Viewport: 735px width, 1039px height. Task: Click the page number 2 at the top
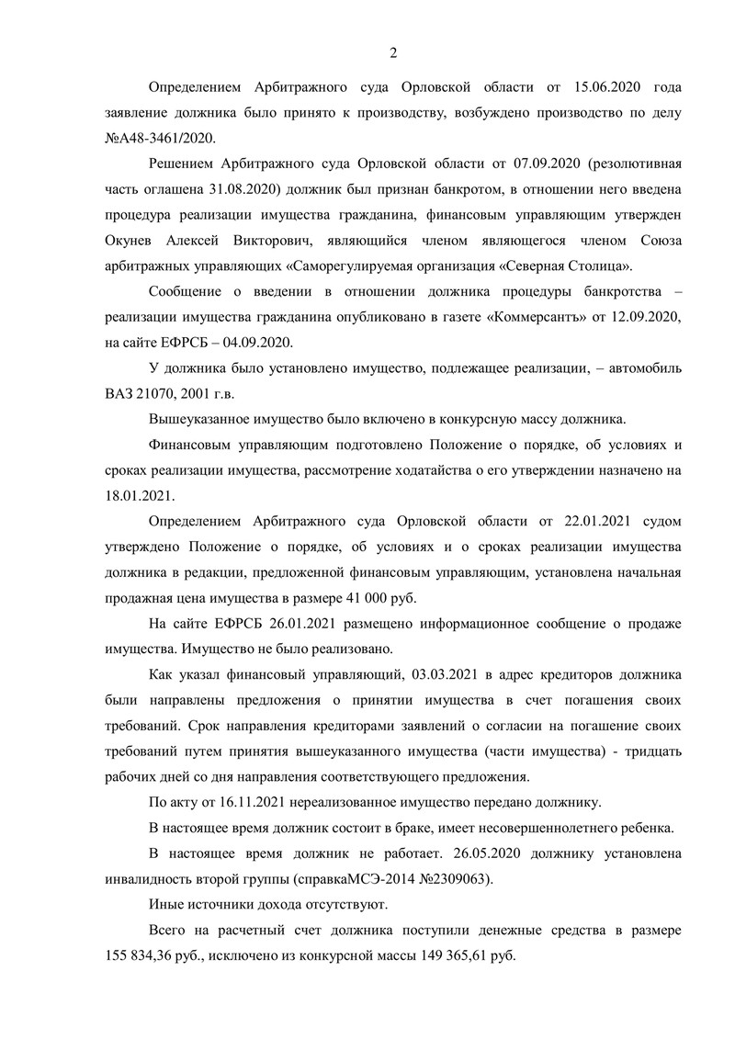pyautogui.click(x=393, y=51)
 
